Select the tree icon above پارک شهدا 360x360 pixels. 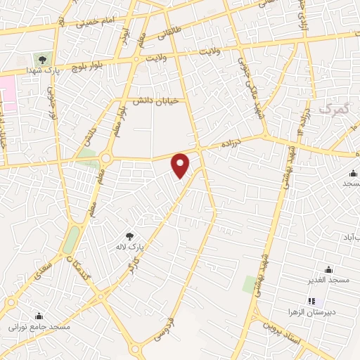click(43, 60)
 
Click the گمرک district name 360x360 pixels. click(333, 110)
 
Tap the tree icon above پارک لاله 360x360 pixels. click(128, 236)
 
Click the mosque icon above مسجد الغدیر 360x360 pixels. click(328, 269)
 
